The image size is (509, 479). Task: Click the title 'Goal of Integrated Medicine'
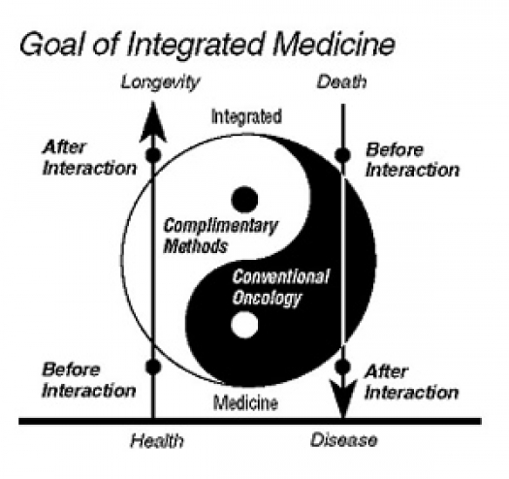click(207, 45)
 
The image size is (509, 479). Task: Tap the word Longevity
click(160, 82)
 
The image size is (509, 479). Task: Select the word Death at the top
click(342, 81)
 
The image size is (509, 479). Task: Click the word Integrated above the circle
click(246, 116)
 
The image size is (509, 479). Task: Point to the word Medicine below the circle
click(245, 403)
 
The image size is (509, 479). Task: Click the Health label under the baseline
click(157, 441)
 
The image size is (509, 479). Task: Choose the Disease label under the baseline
click(344, 440)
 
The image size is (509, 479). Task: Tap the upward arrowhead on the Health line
click(153, 122)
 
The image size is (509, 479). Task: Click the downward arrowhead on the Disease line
click(343, 399)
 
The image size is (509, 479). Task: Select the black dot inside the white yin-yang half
click(244, 200)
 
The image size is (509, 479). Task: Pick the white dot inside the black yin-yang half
click(244, 325)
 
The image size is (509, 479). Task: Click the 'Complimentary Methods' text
click(220, 236)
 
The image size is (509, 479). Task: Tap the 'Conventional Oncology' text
click(281, 287)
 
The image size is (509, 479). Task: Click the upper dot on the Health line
click(153, 154)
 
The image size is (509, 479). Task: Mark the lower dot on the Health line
click(153, 367)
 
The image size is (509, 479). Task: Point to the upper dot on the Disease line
click(343, 154)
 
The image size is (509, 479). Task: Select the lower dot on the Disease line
click(343, 367)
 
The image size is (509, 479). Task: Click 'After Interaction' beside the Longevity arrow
click(89, 158)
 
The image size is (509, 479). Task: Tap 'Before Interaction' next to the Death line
click(413, 160)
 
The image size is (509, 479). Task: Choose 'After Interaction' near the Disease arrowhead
click(412, 382)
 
